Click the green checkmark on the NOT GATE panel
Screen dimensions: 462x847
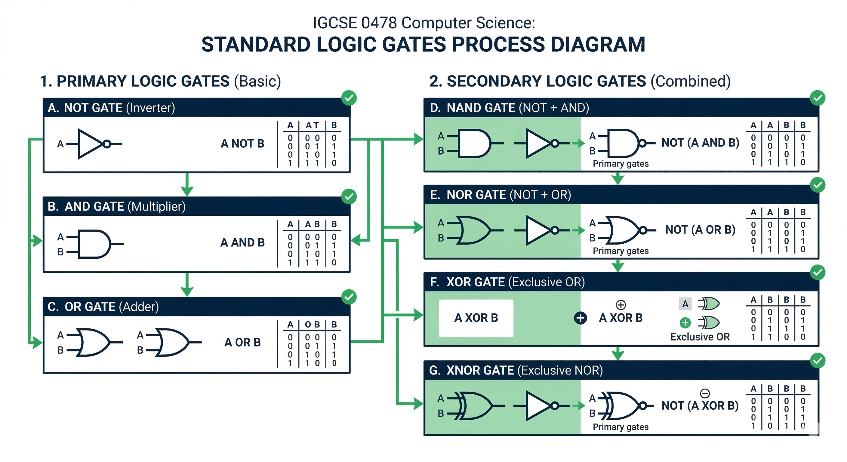pos(349,98)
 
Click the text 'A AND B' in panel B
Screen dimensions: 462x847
pos(242,242)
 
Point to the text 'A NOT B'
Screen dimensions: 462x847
pos(242,143)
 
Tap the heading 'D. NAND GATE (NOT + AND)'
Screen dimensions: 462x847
pos(509,108)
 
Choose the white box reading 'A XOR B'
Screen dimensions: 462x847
pos(476,318)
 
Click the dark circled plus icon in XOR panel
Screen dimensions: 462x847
pos(580,318)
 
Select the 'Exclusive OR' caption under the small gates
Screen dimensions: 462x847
pos(700,337)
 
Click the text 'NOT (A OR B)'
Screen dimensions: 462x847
pos(700,229)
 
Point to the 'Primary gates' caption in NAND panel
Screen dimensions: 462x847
pos(621,164)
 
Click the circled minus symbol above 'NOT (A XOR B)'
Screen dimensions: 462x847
pos(705,393)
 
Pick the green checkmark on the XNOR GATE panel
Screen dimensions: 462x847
pos(818,361)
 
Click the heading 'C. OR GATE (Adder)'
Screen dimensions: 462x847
pos(103,307)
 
